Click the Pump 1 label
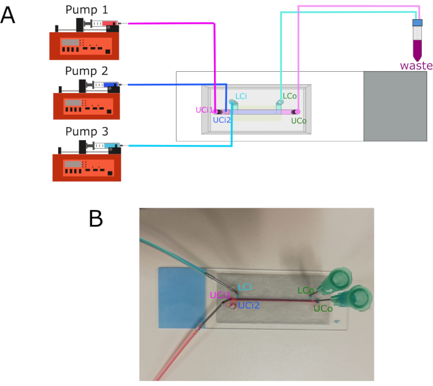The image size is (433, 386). pyautogui.click(x=87, y=10)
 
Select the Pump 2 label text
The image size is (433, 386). pyautogui.click(x=87, y=71)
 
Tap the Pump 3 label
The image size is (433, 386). pyautogui.click(x=87, y=131)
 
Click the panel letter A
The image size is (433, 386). pyautogui.click(x=7, y=15)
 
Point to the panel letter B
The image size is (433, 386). pyautogui.click(x=96, y=219)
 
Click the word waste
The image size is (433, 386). pyautogui.click(x=416, y=66)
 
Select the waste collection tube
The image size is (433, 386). pyautogui.click(x=418, y=40)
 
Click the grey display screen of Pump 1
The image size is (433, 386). pyautogui.click(x=70, y=42)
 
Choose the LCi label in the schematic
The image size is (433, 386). pyautogui.click(x=241, y=96)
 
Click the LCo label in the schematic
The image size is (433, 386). pyautogui.click(x=289, y=96)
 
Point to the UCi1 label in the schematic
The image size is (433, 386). pyautogui.click(x=205, y=110)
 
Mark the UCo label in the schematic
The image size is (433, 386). pyautogui.click(x=299, y=121)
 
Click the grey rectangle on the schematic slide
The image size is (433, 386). pyautogui.click(x=395, y=107)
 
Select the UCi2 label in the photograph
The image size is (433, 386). pyautogui.click(x=249, y=305)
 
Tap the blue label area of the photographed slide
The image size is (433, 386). pyautogui.click(x=182, y=297)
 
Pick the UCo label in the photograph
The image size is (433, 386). pyautogui.click(x=323, y=309)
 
